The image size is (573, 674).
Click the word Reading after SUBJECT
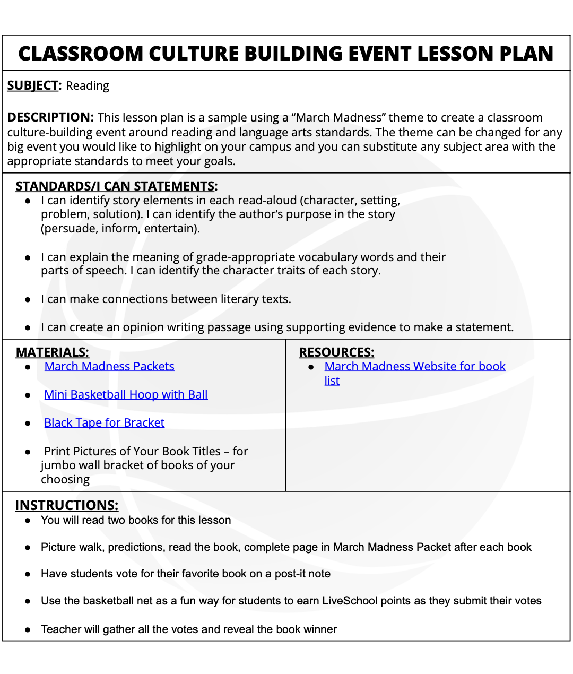tap(88, 86)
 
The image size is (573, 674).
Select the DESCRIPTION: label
tap(50, 117)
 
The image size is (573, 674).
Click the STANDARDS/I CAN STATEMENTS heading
tap(116, 186)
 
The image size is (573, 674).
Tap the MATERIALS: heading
tap(52, 352)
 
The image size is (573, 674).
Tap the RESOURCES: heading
tap(336, 352)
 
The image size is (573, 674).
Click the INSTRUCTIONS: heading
tap(66, 505)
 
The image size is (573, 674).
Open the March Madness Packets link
tap(109, 366)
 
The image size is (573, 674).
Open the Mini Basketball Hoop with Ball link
tap(126, 394)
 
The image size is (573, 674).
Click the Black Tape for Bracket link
tap(104, 422)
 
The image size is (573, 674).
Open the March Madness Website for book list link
tap(414, 366)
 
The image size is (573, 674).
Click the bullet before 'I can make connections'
tap(28, 299)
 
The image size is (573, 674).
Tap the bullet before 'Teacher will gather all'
tap(28, 630)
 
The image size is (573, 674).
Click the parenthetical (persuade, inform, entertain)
tap(120, 229)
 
